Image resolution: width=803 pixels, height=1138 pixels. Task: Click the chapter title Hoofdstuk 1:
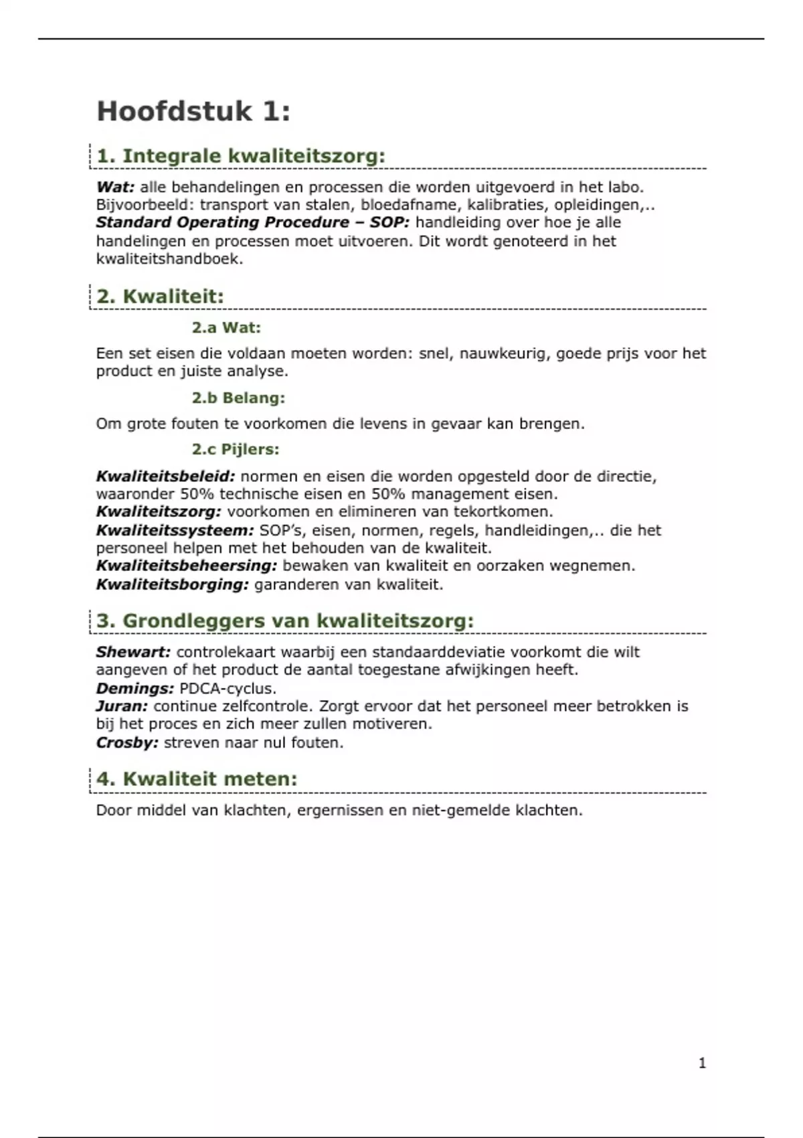click(193, 111)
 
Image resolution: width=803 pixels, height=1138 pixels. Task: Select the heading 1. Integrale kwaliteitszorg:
click(241, 156)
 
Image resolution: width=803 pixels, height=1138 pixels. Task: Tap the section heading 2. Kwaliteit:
click(160, 297)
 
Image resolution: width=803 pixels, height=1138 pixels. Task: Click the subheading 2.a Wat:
click(226, 328)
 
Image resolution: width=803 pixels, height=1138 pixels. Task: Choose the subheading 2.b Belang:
click(238, 398)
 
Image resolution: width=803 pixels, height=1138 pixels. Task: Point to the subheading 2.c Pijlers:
click(236, 449)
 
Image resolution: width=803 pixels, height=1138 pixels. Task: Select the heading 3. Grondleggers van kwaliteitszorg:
click(285, 621)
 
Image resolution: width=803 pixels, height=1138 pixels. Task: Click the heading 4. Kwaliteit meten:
click(197, 779)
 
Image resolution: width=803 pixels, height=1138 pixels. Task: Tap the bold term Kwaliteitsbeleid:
click(165, 477)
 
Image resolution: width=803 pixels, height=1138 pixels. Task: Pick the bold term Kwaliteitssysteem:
click(175, 531)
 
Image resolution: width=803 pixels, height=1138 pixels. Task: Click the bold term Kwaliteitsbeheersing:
click(186, 566)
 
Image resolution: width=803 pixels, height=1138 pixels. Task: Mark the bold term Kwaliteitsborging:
click(172, 584)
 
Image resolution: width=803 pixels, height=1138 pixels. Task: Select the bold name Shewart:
click(133, 652)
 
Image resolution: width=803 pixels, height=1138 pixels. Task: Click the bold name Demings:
click(135, 688)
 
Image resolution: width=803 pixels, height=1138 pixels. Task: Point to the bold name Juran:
click(122, 706)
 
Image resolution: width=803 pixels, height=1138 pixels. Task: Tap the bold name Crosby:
click(127, 742)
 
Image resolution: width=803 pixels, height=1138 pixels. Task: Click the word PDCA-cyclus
click(228, 688)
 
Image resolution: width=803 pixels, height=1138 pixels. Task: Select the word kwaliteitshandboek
click(169, 259)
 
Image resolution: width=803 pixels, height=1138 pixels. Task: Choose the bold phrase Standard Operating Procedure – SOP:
click(252, 223)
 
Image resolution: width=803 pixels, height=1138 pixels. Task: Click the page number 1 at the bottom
click(702, 1063)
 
